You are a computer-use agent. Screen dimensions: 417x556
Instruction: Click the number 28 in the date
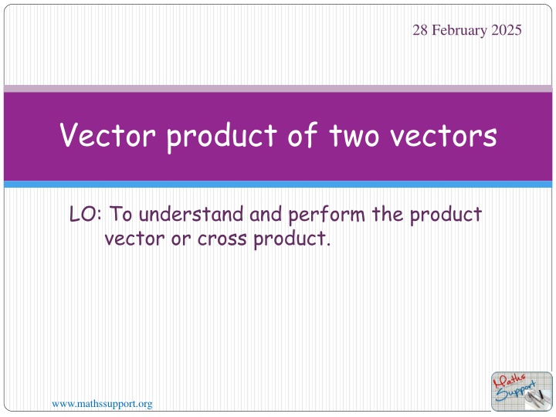point(420,30)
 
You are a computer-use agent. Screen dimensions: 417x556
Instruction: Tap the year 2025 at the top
point(506,30)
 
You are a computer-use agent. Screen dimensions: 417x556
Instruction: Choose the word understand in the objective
point(192,214)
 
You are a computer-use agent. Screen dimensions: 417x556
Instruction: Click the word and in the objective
point(267,214)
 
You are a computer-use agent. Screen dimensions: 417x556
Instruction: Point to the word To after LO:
point(124,214)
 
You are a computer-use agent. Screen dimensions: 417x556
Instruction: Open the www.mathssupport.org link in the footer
point(101,403)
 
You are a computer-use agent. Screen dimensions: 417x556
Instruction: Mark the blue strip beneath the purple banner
point(278,185)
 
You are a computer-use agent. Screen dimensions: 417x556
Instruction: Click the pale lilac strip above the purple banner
point(278,89)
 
